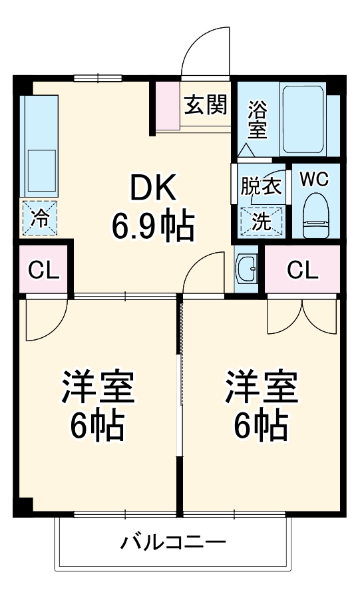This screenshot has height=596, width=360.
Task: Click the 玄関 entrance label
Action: [x=206, y=104]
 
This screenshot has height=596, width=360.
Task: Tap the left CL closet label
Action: [x=43, y=270]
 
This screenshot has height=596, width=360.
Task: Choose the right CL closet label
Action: [x=302, y=270]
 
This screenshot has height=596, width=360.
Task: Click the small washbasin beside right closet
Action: [x=248, y=269]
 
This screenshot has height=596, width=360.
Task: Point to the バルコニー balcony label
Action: [x=172, y=541]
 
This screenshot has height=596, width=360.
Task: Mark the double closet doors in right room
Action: [x=303, y=316]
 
